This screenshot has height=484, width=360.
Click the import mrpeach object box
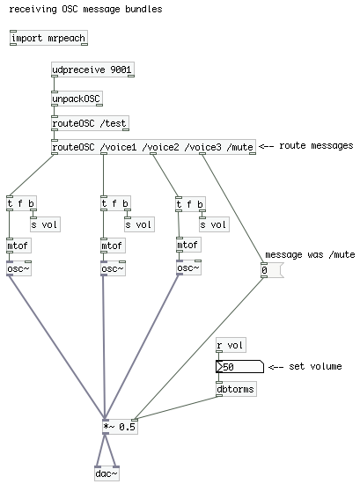coord(48,38)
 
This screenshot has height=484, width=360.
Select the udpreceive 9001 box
coord(92,70)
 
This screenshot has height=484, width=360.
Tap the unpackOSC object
coord(77,99)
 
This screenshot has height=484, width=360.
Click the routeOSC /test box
coord(90,123)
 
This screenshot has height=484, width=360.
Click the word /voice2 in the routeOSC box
coord(160,147)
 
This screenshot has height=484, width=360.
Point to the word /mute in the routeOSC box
coord(240,147)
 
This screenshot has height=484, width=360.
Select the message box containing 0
coord(272,270)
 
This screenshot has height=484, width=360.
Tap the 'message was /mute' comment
coord(310,254)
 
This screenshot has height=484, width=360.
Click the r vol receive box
coord(231,345)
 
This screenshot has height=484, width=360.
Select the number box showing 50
coord(240,367)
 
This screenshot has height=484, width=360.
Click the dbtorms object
coord(236,389)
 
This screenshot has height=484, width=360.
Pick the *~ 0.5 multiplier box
coord(120,427)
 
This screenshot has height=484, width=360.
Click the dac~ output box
coord(107,473)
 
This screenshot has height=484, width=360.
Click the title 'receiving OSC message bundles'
coord(86,9)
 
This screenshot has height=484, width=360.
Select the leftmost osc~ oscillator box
coord(18,268)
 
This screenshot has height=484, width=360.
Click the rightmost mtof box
coord(188,245)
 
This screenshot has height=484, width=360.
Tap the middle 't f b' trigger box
coord(116,203)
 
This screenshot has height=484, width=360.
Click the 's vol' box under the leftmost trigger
coord(45,224)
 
